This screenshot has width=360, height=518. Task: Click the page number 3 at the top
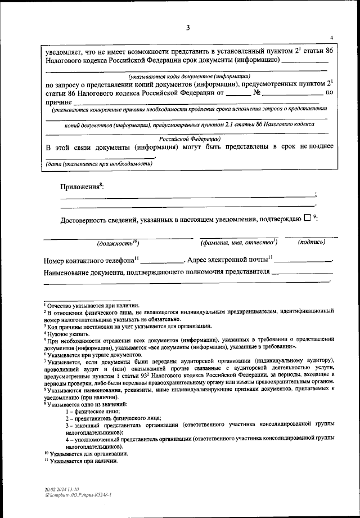point(188,28)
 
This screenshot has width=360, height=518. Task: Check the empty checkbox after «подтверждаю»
point(307,219)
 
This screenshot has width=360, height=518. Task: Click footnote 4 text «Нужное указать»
point(66,334)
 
